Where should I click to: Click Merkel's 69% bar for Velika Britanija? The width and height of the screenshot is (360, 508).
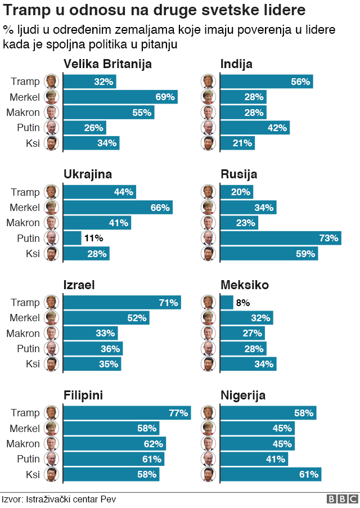[120, 97]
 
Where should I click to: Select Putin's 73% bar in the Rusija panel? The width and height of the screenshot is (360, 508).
[280, 238]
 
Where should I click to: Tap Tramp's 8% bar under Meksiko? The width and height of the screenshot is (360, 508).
[226, 303]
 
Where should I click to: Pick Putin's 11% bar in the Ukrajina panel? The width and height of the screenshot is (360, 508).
[72, 238]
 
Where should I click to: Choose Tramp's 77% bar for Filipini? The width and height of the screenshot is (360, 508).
[127, 413]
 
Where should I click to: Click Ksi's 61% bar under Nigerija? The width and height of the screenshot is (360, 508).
[270, 475]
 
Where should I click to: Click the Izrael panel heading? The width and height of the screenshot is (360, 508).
[79, 285]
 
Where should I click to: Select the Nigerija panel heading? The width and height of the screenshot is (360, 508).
[243, 395]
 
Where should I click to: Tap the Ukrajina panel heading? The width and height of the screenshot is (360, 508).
[88, 174]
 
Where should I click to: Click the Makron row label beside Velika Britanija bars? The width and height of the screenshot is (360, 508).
[23, 113]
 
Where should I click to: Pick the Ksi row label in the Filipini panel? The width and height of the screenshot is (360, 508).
[33, 475]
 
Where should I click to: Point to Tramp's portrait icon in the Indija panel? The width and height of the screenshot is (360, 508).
[208, 82]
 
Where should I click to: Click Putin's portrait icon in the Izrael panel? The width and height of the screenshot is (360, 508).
[51, 349]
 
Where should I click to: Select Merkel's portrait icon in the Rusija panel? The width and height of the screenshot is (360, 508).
[208, 208]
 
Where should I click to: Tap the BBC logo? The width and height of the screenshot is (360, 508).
[342, 499]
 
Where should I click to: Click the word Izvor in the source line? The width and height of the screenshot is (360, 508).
[12, 499]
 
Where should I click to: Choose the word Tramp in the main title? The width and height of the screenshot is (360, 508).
[29, 11]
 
